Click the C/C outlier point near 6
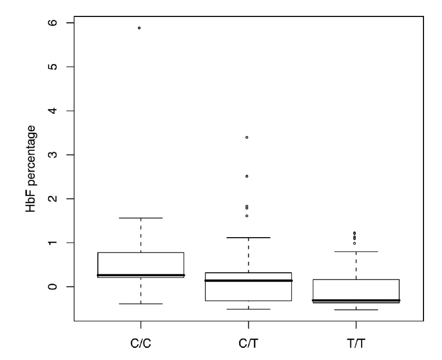click(x=139, y=28)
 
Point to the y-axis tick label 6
click(x=54, y=23)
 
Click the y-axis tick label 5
click(x=54, y=67)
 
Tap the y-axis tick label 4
click(x=54, y=111)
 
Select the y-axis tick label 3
click(x=54, y=155)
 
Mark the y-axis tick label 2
click(x=54, y=199)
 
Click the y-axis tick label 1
click(x=54, y=243)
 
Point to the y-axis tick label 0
click(x=54, y=287)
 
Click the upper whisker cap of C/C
click(x=141, y=218)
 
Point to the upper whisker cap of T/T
click(x=356, y=252)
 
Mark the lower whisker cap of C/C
click(x=141, y=304)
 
